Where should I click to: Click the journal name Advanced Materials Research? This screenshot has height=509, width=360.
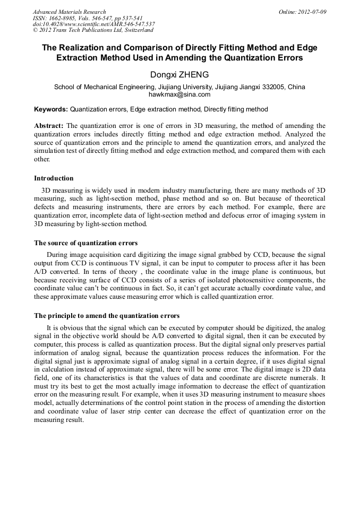69,12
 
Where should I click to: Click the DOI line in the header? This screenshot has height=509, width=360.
93,24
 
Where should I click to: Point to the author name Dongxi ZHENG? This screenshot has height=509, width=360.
179,75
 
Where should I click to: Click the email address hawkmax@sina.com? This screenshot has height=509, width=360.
179,94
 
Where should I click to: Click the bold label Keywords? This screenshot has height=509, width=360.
51,109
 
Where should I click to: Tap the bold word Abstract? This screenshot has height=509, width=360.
49,126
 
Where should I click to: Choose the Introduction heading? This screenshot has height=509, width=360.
54,178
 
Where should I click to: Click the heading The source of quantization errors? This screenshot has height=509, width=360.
85,243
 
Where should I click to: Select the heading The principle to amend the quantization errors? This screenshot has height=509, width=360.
107,316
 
